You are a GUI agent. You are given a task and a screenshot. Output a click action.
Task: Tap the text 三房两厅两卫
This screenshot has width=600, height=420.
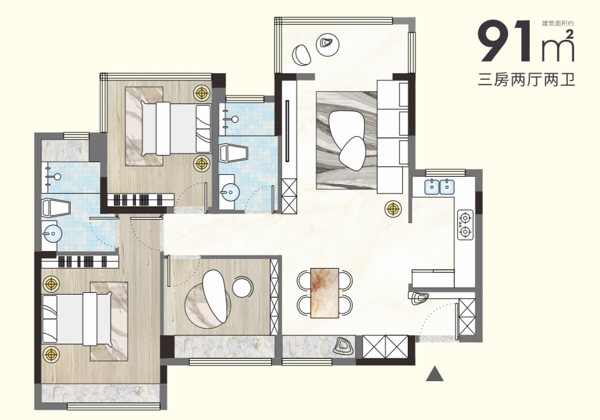point(526,80)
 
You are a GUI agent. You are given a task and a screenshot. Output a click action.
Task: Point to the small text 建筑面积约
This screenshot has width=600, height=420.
point(558,24)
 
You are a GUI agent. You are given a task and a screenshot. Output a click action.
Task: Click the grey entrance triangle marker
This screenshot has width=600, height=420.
point(434,374)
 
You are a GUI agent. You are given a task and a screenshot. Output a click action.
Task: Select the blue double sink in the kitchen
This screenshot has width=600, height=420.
point(439,186)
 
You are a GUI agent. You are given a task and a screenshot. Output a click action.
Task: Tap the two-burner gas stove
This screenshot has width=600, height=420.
point(465,225)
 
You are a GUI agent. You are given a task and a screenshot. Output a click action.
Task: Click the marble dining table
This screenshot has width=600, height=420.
point(325,293)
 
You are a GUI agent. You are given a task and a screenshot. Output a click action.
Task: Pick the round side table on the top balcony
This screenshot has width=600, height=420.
point(327,45)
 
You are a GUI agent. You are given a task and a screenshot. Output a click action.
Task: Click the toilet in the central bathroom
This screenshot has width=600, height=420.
point(233,153)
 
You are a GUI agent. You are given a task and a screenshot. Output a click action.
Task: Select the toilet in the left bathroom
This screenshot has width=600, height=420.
point(56,208)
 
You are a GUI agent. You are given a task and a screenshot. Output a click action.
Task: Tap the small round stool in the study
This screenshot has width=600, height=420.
point(243,287)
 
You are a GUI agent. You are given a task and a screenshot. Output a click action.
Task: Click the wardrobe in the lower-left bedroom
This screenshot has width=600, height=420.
point(80,261)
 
